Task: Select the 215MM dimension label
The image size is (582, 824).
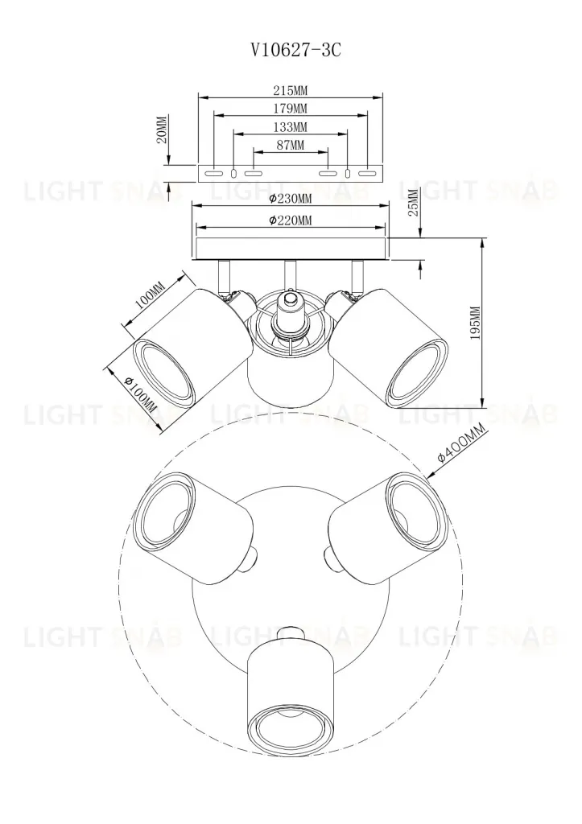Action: (x=290, y=91)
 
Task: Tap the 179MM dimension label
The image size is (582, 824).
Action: (x=290, y=109)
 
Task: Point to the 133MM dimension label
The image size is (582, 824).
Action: (x=290, y=127)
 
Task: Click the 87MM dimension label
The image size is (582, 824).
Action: (x=290, y=145)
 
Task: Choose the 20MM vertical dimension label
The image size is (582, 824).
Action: (x=162, y=130)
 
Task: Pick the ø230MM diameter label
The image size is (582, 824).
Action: (x=290, y=199)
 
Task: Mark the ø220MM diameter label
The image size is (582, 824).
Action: (x=290, y=220)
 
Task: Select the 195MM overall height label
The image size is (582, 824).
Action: (x=474, y=323)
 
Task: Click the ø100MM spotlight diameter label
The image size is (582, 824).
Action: (x=142, y=391)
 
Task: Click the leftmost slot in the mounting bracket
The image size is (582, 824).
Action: (x=213, y=173)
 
